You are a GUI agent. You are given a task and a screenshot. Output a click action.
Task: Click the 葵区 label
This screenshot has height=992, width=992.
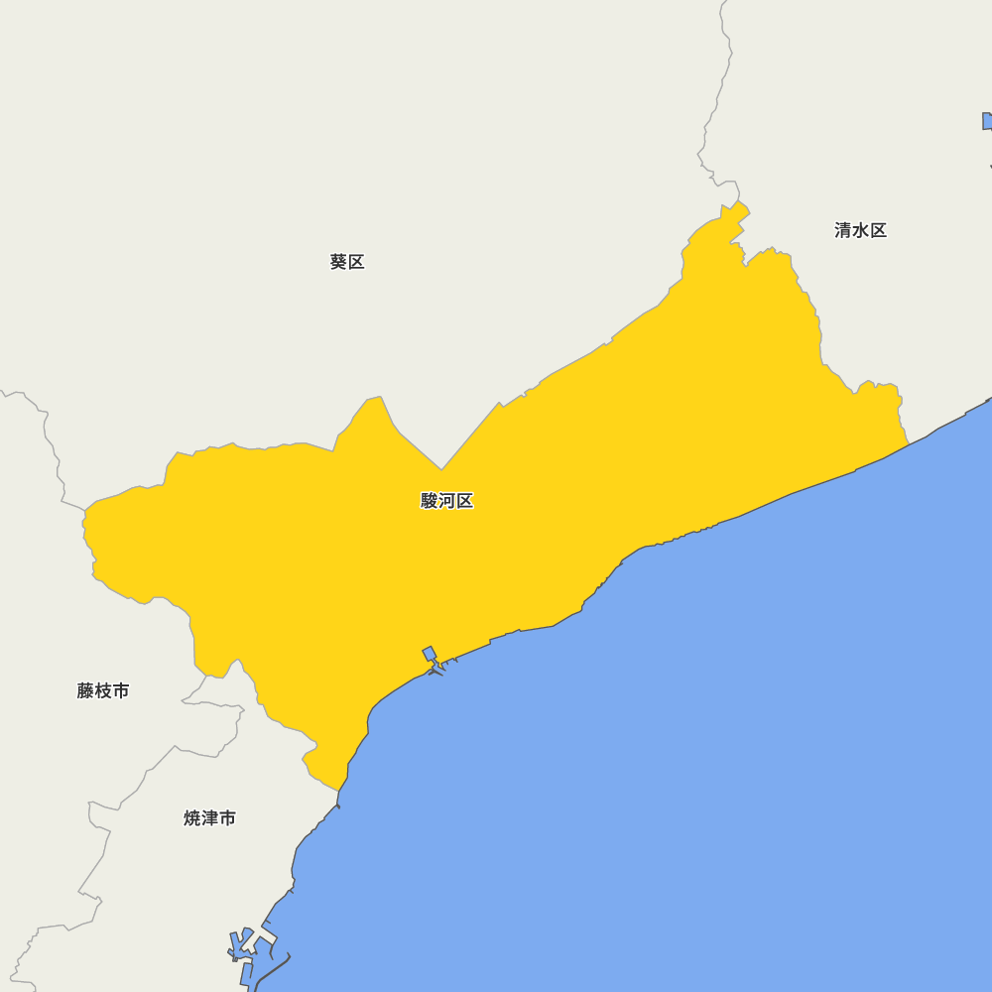coord(347,262)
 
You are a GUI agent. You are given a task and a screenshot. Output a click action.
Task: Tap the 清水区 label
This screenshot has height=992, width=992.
coord(860,230)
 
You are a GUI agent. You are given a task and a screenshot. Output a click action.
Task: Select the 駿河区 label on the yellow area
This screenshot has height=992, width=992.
coord(446,501)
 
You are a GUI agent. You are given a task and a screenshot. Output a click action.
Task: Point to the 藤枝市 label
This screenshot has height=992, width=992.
coord(103,690)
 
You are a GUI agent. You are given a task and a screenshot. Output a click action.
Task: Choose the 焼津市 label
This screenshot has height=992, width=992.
coord(210,818)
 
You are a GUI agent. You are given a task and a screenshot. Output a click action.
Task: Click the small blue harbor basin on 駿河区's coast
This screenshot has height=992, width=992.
coord(430,654)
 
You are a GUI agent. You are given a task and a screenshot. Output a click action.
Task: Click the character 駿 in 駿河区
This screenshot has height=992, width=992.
coord(430,501)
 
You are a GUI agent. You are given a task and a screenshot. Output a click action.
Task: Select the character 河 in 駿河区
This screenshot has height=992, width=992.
coord(447,501)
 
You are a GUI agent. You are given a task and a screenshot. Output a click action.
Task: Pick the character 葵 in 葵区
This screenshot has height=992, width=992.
coord(338,262)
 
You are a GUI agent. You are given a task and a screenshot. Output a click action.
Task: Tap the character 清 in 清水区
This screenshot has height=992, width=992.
coord(843,230)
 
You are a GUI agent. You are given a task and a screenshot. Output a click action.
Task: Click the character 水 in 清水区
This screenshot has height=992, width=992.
coord(860,230)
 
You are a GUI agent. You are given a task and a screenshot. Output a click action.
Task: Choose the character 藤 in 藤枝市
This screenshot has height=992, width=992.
coord(86,690)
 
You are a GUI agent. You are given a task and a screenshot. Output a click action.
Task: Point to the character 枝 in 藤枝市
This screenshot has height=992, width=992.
coord(103,690)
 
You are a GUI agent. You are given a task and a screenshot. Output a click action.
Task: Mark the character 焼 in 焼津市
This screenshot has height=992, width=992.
coord(192,818)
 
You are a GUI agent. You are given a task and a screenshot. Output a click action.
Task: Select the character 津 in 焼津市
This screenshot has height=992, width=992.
coord(210,818)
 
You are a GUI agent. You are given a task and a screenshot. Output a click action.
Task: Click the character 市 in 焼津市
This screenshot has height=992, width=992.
coord(228,818)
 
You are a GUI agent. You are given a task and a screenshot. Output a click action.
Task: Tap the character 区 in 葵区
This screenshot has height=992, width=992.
coord(356,262)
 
